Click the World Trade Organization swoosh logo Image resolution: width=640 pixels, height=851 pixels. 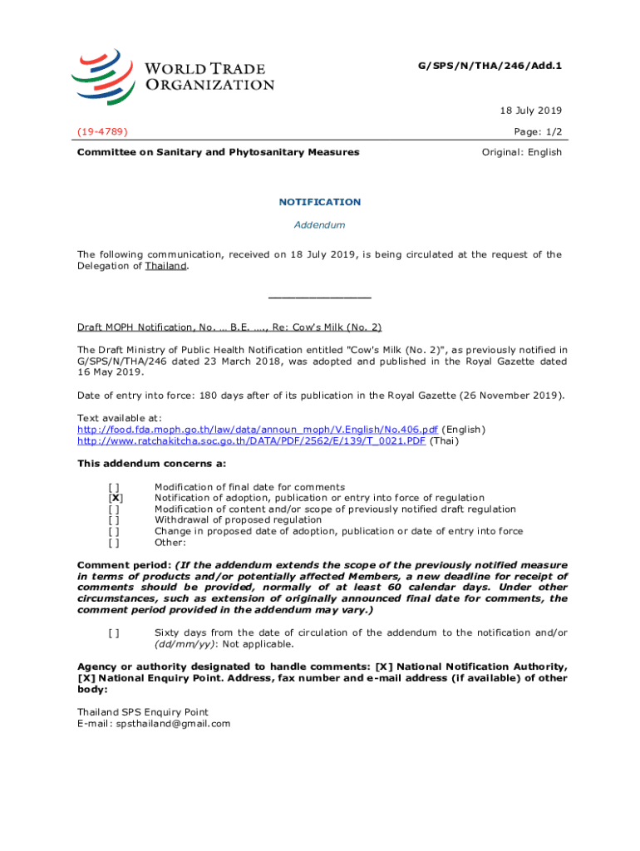pos(101,72)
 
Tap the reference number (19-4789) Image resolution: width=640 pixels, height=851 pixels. pos(103,131)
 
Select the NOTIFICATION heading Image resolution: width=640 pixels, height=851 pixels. pos(320,202)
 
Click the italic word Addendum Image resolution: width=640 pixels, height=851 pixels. pos(320,225)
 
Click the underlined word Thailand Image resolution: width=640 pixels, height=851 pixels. pos(165,266)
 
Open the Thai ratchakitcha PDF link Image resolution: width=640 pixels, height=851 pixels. pos(251,441)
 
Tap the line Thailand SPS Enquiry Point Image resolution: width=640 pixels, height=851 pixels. pos(142,712)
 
